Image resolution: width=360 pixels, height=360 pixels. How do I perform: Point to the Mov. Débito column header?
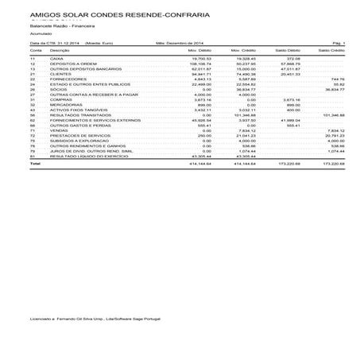(x=201, y=49)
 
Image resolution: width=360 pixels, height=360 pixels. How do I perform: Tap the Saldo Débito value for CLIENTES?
(x=289, y=74)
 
